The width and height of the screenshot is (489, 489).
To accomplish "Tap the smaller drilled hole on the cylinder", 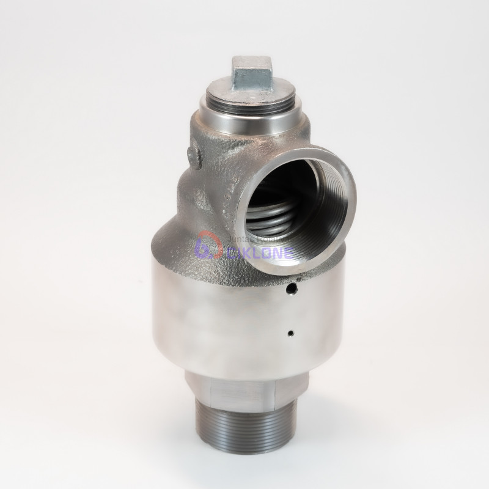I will tap(291, 334).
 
